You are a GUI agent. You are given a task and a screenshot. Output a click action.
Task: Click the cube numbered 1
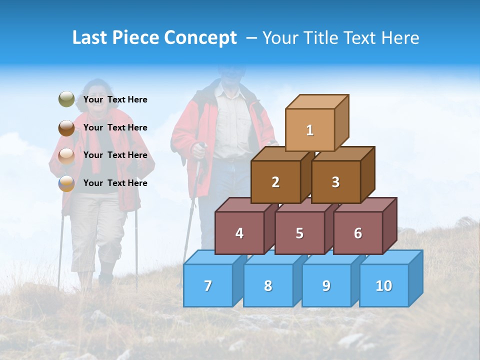pyautogui.click(x=310, y=130)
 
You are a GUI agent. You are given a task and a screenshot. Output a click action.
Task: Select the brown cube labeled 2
pyautogui.click(x=275, y=182)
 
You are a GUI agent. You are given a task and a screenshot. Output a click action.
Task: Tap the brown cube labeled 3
pyautogui.click(x=335, y=182)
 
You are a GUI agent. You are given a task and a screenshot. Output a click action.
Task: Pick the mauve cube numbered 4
pyautogui.click(x=239, y=233)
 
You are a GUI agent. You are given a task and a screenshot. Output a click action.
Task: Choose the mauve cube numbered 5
pyautogui.click(x=299, y=233)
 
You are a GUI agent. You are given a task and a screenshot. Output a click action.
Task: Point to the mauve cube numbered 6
pyautogui.click(x=358, y=233)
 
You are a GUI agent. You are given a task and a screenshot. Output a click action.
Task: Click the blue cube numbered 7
pyautogui.click(x=208, y=285)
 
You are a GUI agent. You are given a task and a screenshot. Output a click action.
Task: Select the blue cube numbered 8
pyautogui.click(x=268, y=285)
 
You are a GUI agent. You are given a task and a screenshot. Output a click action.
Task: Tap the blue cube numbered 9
pyautogui.click(x=326, y=285)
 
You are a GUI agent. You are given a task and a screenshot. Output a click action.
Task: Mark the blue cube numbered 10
pyautogui.click(x=384, y=285)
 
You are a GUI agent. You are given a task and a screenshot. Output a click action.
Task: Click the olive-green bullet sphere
pyautogui.click(x=66, y=99)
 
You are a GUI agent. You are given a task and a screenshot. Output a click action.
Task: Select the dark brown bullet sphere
pyautogui.click(x=66, y=127)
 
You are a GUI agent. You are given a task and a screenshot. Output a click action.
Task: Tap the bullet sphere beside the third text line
pyautogui.click(x=66, y=155)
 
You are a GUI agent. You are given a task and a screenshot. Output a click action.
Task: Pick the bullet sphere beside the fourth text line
pyautogui.click(x=66, y=183)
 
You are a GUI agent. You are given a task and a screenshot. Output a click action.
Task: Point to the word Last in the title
pyautogui.click(x=91, y=38)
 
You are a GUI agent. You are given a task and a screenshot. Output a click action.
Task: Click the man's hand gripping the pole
pyautogui.click(x=199, y=148)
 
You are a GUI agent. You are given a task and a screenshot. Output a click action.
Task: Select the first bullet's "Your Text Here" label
pyautogui.click(x=115, y=99)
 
